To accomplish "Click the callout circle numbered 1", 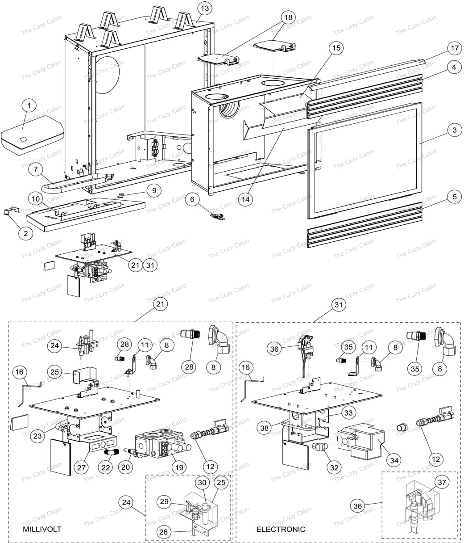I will (29, 106).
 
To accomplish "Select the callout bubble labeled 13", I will (204, 8).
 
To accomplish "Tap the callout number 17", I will (454, 48).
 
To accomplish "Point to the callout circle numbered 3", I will (454, 130).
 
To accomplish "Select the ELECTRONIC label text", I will (281, 529).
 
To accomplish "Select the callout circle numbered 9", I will (154, 190).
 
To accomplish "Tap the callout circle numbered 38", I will (265, 427).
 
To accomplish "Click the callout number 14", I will (244, 200).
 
